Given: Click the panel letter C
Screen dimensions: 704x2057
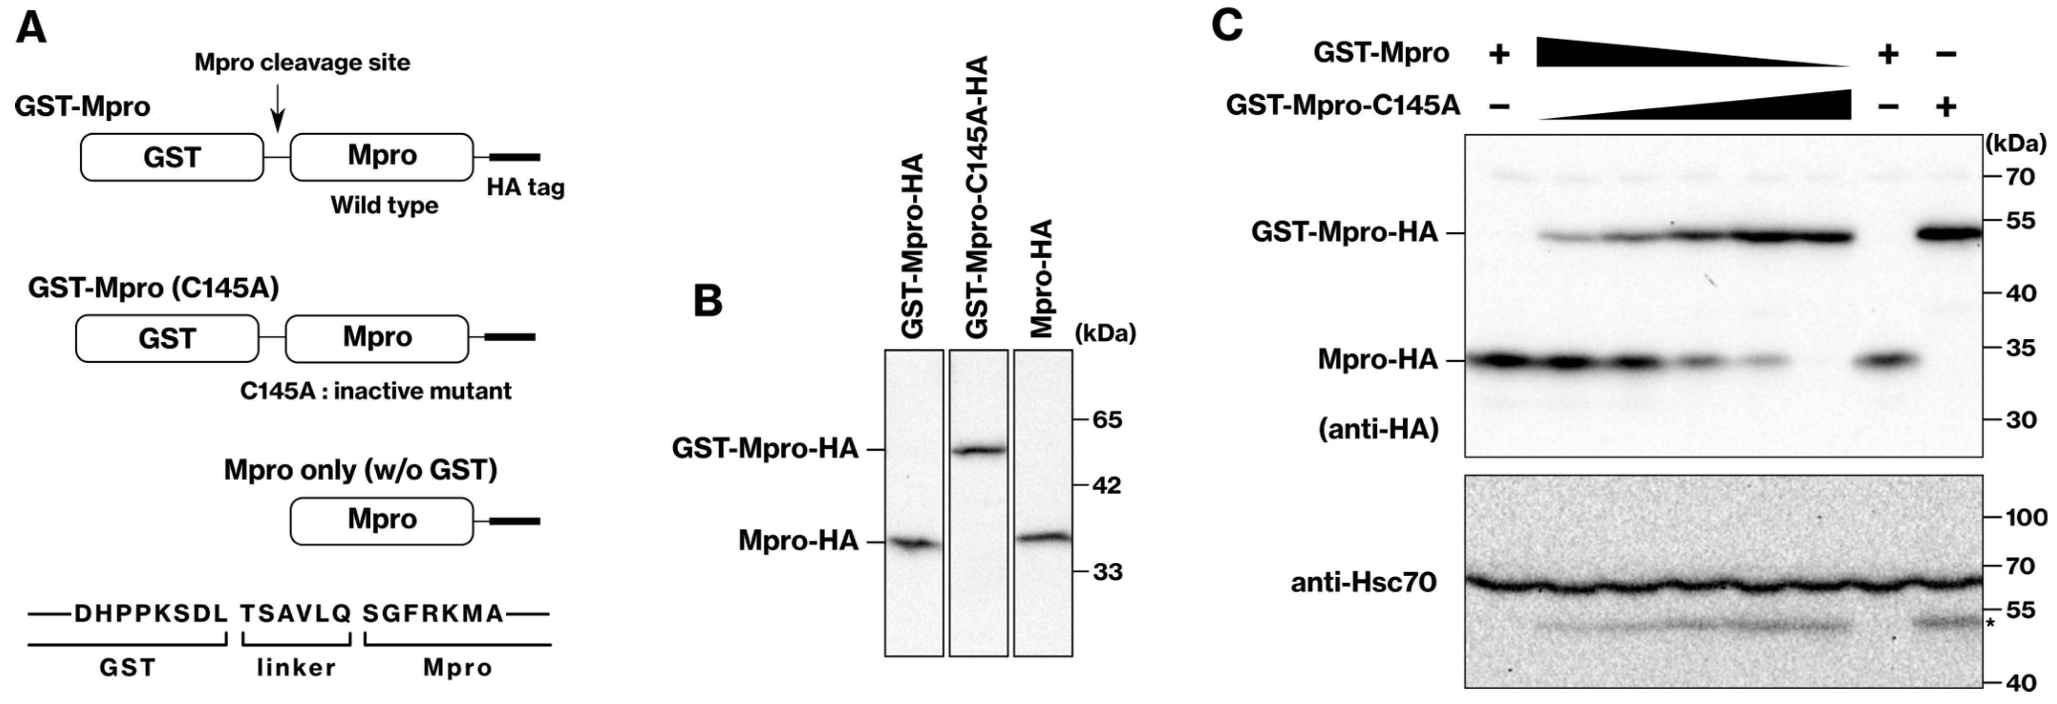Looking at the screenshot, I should pyautogui.click(x=1227, y=26).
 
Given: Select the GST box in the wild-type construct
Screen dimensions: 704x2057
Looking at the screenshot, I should pyautogui.click(x=171, y=157).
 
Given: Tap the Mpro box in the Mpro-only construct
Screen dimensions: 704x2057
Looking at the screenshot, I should pyautogui.click(x=382, y=520).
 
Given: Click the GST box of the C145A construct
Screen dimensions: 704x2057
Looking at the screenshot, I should pyautogui.click(x=167, y=338).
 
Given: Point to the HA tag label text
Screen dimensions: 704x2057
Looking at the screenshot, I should pyautogui.click(x=525, y=188).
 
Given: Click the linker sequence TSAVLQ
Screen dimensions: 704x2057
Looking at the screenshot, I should pyautogui.click(x=296, y=613).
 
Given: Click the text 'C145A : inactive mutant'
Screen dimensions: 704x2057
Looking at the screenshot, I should pyautogui.click(x=375, y=391).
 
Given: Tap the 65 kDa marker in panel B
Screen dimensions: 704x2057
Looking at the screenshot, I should pyautogui.click(x=1108, y=419).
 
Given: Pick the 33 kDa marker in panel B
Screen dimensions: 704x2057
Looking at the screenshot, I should pyautogui.click(x=1108, y=571).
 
